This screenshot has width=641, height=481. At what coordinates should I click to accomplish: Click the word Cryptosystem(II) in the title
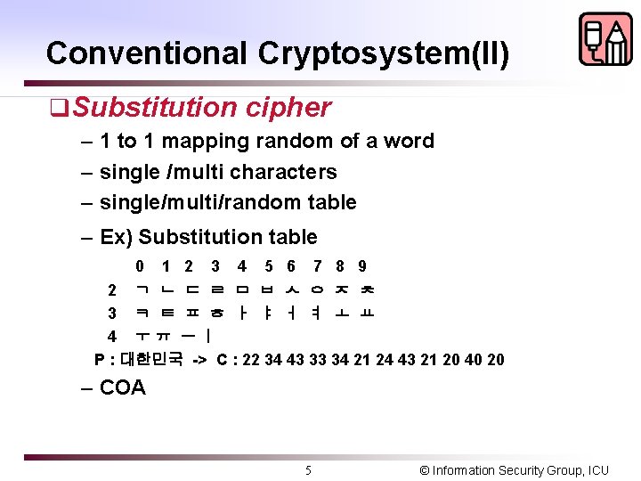384,54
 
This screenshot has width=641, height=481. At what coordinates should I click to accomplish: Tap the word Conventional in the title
148,54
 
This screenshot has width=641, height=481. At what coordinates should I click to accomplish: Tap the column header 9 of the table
362,265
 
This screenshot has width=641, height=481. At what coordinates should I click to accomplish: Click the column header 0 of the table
141,265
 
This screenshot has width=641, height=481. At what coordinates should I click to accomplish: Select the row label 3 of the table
112,313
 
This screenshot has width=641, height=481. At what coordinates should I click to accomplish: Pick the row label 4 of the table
112,336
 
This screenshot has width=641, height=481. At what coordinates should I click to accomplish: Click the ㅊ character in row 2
368,289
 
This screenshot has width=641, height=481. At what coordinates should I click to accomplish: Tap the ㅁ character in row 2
242,289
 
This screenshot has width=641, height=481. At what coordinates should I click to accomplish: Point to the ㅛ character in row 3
368,313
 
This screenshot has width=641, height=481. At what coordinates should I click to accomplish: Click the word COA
123,387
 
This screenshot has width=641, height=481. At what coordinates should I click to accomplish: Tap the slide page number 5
308,469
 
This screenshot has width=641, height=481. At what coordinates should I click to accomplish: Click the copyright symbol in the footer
424,469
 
